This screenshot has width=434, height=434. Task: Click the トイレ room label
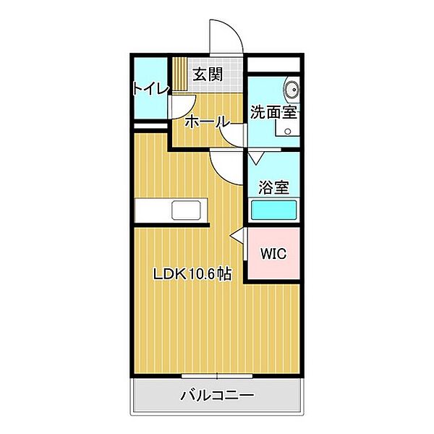click(x=150, y=88)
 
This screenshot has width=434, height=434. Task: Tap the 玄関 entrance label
click(x=208, y=73)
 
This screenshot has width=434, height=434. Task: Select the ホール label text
click(x=207, y=121)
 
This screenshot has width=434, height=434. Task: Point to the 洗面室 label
click(x=275, y=112)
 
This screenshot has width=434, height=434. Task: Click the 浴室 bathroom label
click(x=274, y=187)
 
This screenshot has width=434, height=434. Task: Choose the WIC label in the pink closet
click(x=273, y=254)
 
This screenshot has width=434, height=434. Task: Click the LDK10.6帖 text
click(x=192, y=274)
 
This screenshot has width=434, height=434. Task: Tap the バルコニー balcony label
click(x=217, y=396)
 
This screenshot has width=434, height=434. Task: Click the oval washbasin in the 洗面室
click(x=291, y=90)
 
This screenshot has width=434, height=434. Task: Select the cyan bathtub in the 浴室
click(x=274, y=210)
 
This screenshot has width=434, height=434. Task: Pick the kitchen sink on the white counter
click(x=189, y=211)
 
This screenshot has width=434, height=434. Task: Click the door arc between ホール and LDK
click(x=226, y=168)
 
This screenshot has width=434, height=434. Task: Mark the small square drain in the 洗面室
click(x=288, y=132)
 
